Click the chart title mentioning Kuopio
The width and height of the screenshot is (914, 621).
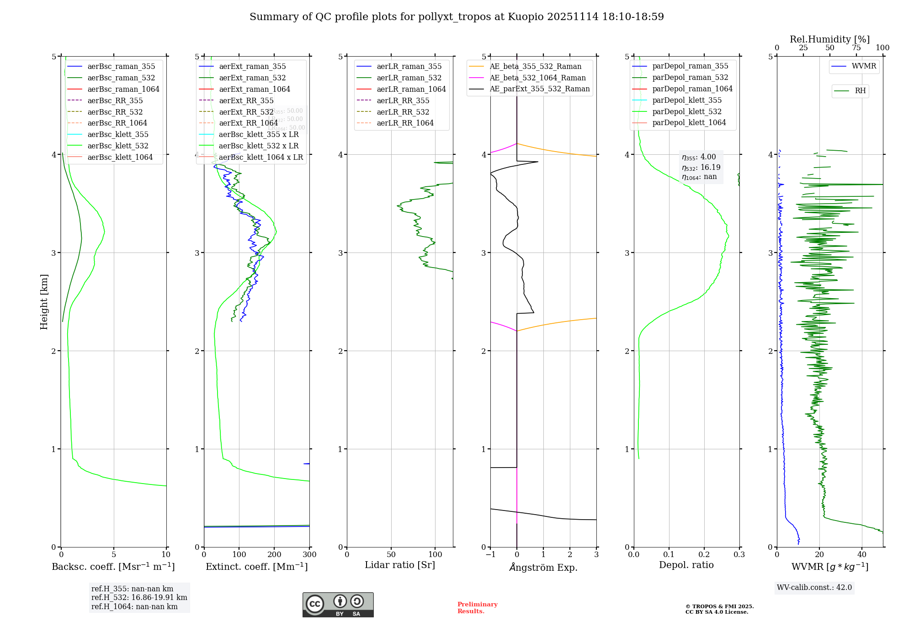457,17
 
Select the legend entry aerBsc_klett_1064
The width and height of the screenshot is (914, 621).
120,157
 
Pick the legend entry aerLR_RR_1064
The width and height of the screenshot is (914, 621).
405,123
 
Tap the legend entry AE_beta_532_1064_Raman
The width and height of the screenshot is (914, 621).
537,78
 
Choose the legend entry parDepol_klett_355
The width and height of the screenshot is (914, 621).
687,100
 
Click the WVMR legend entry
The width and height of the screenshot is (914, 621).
864,66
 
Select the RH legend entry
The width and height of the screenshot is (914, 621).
860,91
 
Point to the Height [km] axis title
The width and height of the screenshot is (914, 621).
44,302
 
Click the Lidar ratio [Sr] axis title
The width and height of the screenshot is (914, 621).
400,565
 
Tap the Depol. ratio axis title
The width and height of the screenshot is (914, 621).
686,565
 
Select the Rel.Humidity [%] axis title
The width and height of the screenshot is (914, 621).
829,39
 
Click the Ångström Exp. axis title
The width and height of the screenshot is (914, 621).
543,567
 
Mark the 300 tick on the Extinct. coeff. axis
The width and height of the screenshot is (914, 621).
309,554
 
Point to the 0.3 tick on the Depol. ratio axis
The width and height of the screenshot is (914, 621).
739,554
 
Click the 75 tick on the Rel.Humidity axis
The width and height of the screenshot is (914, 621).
856,48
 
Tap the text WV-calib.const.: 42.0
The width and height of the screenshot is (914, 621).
814,587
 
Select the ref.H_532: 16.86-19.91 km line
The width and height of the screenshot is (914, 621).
139,597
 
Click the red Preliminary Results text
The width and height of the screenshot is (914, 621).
477,607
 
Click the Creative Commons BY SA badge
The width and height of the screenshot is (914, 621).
338,605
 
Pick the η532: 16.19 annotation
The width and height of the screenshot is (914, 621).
701,167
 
